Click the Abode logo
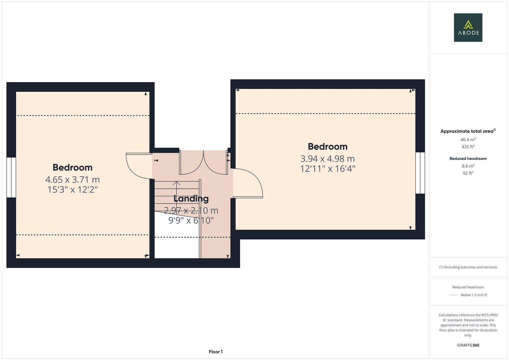[x=468, y=27]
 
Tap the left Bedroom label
[x=72, y=167]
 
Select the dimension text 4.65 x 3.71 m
[x=72, y=179]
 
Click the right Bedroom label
[x=327, y=146]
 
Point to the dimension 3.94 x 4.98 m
[x=327, y=158]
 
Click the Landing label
[x=191, y=198]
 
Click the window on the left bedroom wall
[x=11, y=177]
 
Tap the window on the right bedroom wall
[x=420, y=173]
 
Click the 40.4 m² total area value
[x=468, y=140]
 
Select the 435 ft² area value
[x=468, y=147]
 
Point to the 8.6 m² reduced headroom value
[x=468, y=166]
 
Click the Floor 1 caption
[x=216, y=352]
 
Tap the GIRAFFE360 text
[x=468, y=345]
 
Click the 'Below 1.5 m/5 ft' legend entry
[x=473, y=295]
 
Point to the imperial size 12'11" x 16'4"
[x=327, y=169]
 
